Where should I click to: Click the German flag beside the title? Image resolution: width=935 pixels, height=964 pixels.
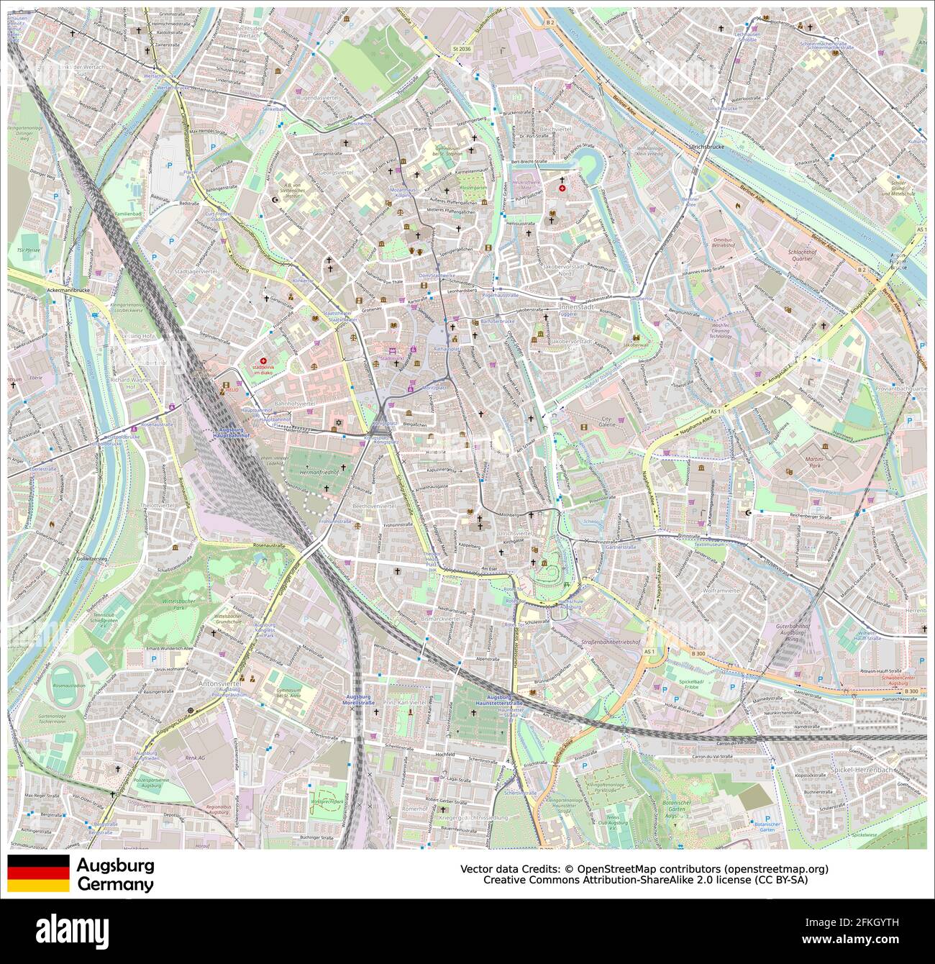pyautogui.click(x=38, y=873)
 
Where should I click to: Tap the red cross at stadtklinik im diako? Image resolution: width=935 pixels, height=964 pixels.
pyautogui.click(x=263, y=361)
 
